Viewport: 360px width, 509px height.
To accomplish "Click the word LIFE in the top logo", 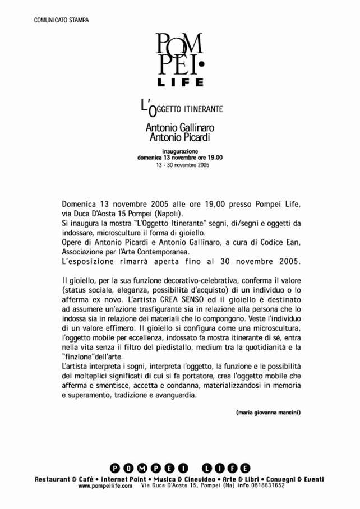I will (180, 82).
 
